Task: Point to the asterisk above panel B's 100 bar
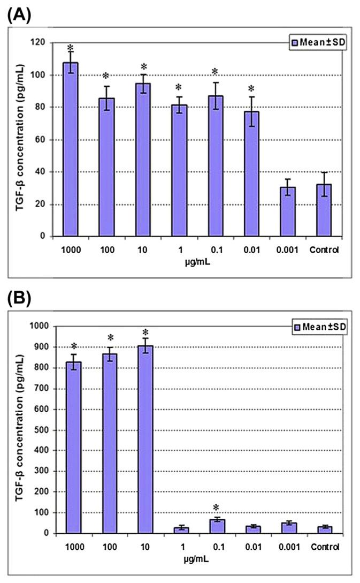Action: pos(110,338)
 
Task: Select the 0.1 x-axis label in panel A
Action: pos(215,249)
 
